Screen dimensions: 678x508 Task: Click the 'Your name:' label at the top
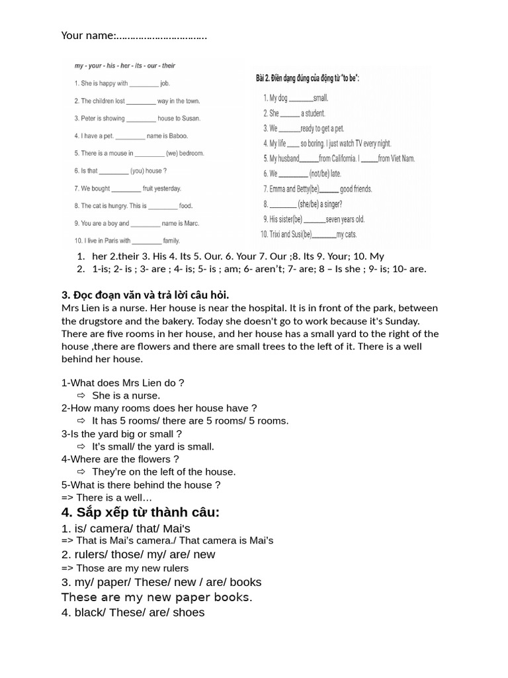(89, 35)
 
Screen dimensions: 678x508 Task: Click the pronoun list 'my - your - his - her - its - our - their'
(124, 66)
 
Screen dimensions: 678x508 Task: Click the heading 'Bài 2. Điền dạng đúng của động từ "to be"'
(308, 79)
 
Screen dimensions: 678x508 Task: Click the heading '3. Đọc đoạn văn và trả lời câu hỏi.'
(146, 295)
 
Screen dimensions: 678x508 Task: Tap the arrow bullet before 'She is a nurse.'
(82, 395)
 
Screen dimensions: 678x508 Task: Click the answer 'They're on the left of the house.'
(163, 472)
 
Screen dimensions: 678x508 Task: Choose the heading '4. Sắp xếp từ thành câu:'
(140, 512)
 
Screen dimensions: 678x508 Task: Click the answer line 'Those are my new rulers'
(132, 568)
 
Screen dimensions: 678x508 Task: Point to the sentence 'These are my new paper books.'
(157, 597)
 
